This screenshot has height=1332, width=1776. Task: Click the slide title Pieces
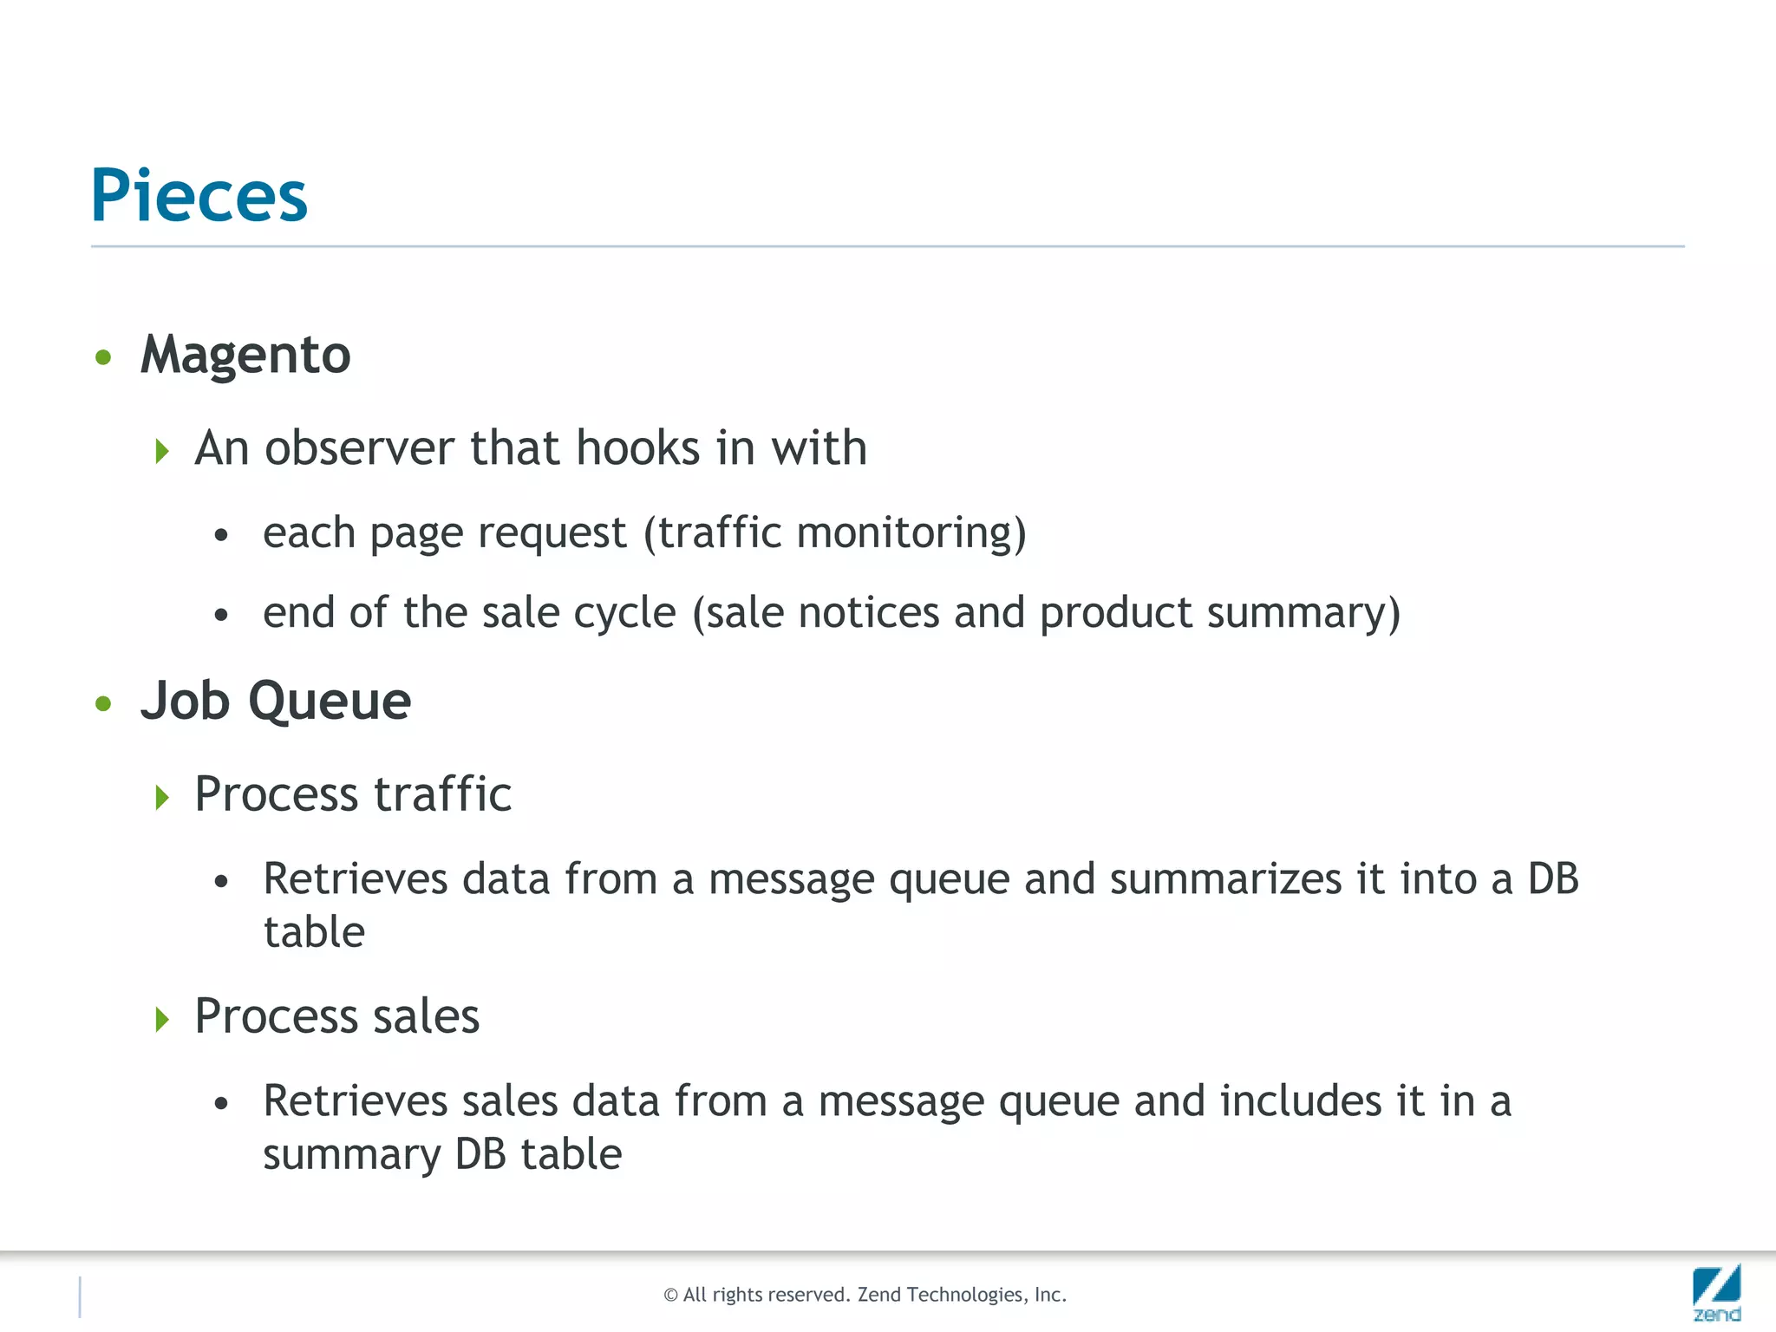[x=199, y=196]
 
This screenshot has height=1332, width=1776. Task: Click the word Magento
[x=245, y=355]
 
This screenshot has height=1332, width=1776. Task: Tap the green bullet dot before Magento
[x=104, y=357]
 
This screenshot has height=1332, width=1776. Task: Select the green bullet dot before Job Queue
[x=104, y=703]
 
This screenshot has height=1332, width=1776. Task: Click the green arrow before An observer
[x=161, y=451]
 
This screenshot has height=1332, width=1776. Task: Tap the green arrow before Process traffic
[x=161, y=797]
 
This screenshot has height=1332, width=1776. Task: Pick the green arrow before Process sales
[x=161, y=1019]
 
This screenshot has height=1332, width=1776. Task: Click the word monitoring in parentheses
[x=911, y=532]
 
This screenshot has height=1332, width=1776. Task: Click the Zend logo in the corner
[x=1716, y=1292]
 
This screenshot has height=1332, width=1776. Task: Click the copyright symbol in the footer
[x=670, y=1296]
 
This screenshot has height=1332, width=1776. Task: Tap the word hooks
[x=637, y=448]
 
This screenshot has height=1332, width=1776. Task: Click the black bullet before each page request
[x=222, y=535]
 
